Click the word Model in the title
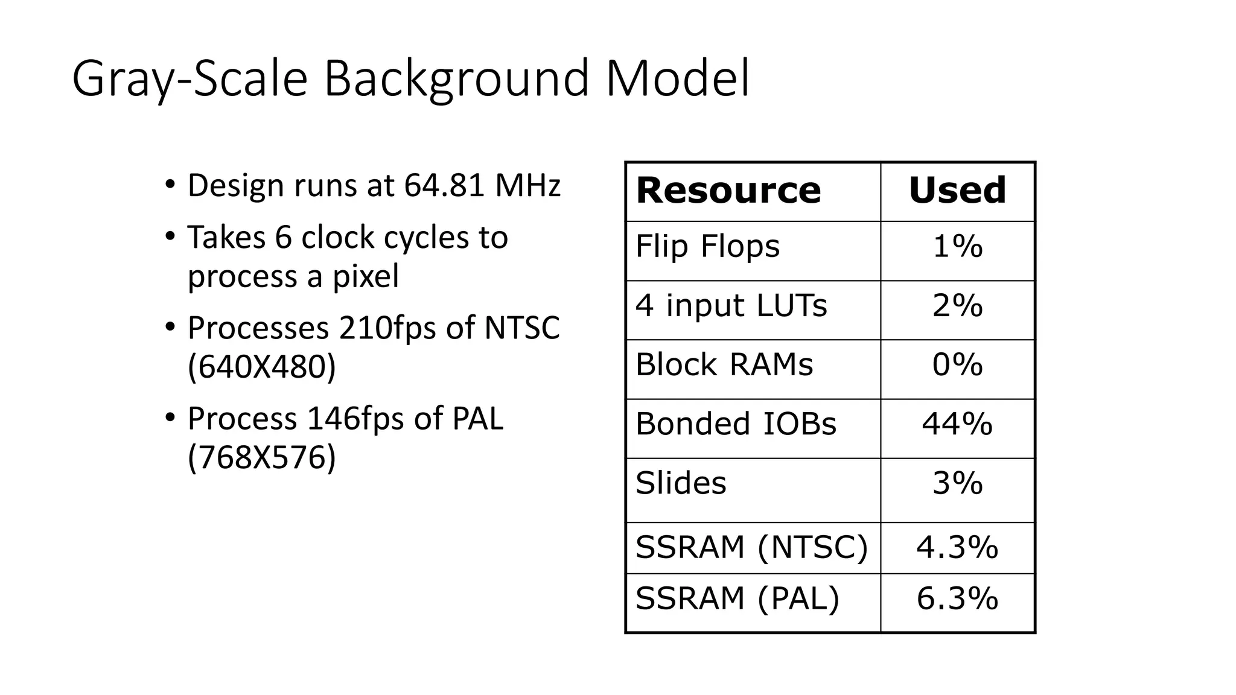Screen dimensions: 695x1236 (677, 78)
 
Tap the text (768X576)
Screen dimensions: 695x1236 (261, 457)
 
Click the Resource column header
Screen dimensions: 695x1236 (728, 191)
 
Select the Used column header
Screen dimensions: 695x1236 (957, 191)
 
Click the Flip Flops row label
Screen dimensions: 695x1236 (707, 247)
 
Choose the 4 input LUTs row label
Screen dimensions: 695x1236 (731, 306)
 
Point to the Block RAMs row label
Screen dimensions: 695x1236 (724, 365)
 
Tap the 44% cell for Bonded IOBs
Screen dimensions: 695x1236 (957, 424)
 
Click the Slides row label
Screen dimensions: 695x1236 (681, 483)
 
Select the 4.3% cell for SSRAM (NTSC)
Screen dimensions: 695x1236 (957, 548)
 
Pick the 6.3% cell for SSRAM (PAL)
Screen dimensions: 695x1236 (957, 599)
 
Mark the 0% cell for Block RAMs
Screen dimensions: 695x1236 (957, 365)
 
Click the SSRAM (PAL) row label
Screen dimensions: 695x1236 (737, 599)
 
